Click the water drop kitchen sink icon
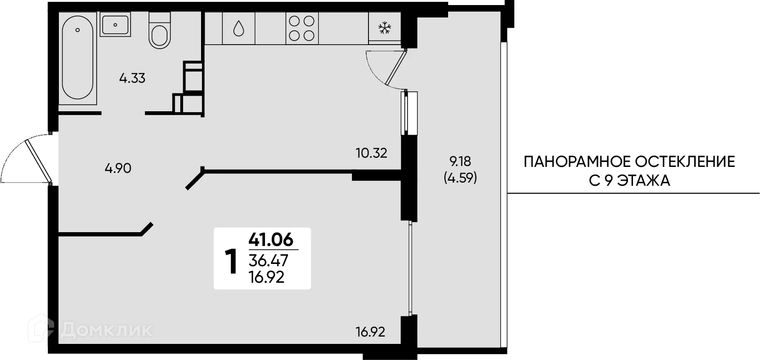(x=238, y=29)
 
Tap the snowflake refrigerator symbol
(x=384, y=29)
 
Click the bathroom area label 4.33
(x=132, y=79)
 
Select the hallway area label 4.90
(x=118, y=168)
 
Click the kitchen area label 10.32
(x=371, y=153)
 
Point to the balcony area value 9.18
(x=460, y=161)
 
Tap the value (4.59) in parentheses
(x=460, y=178)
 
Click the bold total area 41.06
(x=271, y=239)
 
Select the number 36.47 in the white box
(x=268, y=261)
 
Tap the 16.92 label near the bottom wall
(x=370, y=331)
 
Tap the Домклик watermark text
(x=106, y=329)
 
